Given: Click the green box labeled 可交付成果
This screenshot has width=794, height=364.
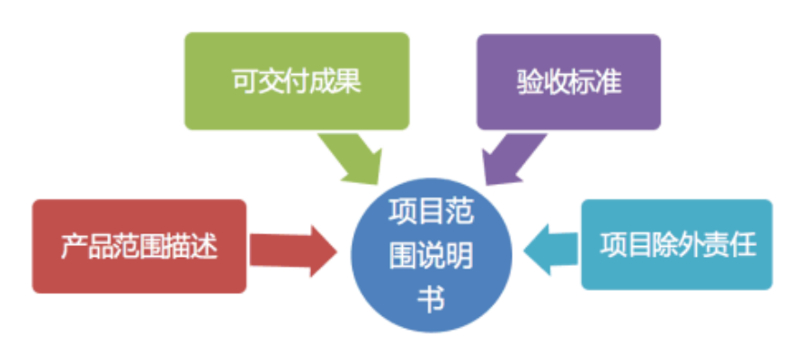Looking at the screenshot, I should pos(296,81).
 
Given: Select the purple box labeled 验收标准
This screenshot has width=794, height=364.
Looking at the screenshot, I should pos(568,81).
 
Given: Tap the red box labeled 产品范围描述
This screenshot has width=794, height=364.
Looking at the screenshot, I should pos(138,246).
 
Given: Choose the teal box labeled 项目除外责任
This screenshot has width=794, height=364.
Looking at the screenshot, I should pos(676,244).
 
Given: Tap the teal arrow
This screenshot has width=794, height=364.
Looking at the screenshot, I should pos(550,244).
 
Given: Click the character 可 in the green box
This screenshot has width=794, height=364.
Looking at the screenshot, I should pos(242,82).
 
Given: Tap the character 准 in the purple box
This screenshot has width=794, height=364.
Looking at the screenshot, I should pos(610,82).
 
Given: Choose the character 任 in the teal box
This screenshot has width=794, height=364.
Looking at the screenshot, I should pos(743,244).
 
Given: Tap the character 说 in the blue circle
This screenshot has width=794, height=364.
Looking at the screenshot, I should pos(432,258).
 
